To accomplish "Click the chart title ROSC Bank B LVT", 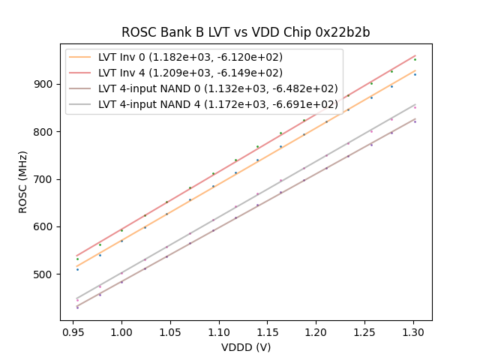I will pos(246,33).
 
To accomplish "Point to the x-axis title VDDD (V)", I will pos(246,347).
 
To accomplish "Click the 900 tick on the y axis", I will pos(44,84).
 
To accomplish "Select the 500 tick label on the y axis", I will pos(44,274).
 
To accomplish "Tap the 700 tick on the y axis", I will pos(44,179).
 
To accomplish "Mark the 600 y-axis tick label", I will pos(44,226).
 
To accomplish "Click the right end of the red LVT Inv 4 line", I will pos(415,55).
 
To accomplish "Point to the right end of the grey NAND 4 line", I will pos(415,104).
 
